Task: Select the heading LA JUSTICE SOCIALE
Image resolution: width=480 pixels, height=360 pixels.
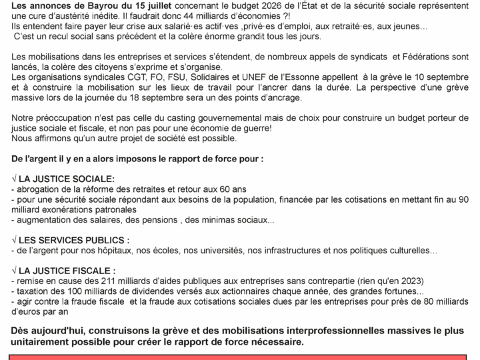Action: (67, 179)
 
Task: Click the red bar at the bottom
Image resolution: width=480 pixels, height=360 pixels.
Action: (240, 357)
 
